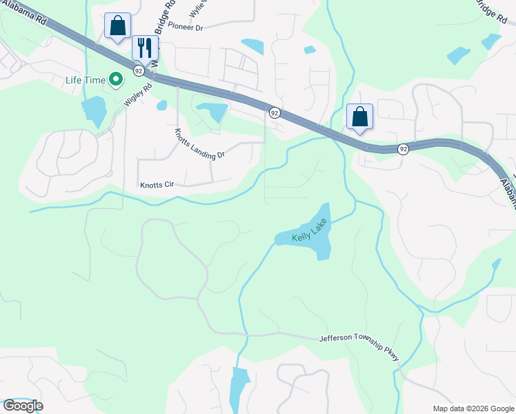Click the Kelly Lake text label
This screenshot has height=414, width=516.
click(308, 237)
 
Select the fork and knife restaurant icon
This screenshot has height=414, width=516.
click(145, 48)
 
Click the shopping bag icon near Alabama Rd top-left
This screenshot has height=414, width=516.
click(117, 26)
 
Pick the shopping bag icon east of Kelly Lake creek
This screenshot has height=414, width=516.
click(359, 116)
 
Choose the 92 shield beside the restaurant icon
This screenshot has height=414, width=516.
click(139, 70)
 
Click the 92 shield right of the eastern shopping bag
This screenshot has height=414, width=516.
click(404, 148)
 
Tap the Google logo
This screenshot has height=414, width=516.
click(22, 406)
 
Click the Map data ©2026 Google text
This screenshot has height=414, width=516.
click(473, 408)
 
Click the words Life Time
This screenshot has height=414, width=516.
click(85, 79)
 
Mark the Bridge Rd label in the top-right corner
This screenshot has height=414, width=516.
click(490, 10)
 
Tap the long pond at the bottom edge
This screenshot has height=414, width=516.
click(239, 390)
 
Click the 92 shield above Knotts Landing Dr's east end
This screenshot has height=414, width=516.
click(274, 112)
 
